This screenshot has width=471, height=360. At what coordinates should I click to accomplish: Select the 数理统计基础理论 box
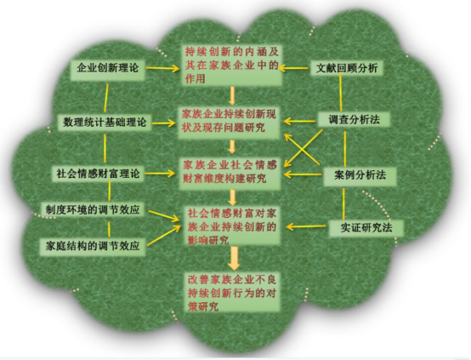(x=105, y=123)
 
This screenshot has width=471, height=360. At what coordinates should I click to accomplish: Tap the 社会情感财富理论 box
(x=99, y=174)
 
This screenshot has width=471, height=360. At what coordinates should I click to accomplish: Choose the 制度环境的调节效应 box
(x=93, y=209)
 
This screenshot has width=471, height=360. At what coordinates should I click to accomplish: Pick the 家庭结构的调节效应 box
(x=93, y=246)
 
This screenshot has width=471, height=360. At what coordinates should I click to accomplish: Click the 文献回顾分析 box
(x=347, y=68)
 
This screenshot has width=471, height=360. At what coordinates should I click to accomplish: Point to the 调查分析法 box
(x=354, y=120)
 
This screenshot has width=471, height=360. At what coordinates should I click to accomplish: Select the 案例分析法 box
(x=360, y=175)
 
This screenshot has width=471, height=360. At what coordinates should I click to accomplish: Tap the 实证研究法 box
(x=366, y=228)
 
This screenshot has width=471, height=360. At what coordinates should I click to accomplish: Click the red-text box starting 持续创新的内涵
(x=231, y=66)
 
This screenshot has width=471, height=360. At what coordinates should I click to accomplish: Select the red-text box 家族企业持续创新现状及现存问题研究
(x=229, y=121)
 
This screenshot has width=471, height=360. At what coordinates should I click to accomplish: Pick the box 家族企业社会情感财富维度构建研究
(x=230, y=172)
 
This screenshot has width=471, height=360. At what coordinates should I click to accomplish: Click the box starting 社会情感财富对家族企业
(x=231, y=226)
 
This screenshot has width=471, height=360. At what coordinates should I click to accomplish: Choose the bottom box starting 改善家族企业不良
(x=231, y=292)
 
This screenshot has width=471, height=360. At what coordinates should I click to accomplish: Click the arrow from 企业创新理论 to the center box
(x=162, y=68)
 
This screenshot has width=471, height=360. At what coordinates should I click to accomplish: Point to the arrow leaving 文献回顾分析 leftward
(x=294, y=68)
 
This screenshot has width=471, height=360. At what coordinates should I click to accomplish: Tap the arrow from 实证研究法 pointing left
(x=306, y=226)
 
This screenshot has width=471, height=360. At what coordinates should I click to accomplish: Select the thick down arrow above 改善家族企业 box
(x=234, y=258)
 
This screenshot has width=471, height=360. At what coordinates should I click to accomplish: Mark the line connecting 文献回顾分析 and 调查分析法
(x=341, y=92)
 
